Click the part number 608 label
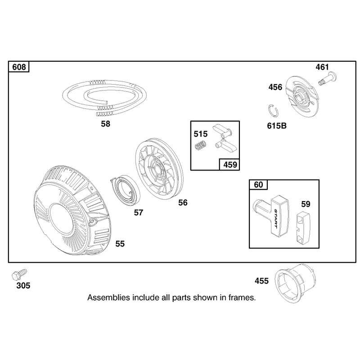[19, 67]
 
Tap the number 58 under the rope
[106, 124]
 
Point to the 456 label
[275, 87]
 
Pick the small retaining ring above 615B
[273, 110]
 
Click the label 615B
[277, 126]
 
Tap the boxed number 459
[230, 165]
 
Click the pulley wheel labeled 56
[159, 168]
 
